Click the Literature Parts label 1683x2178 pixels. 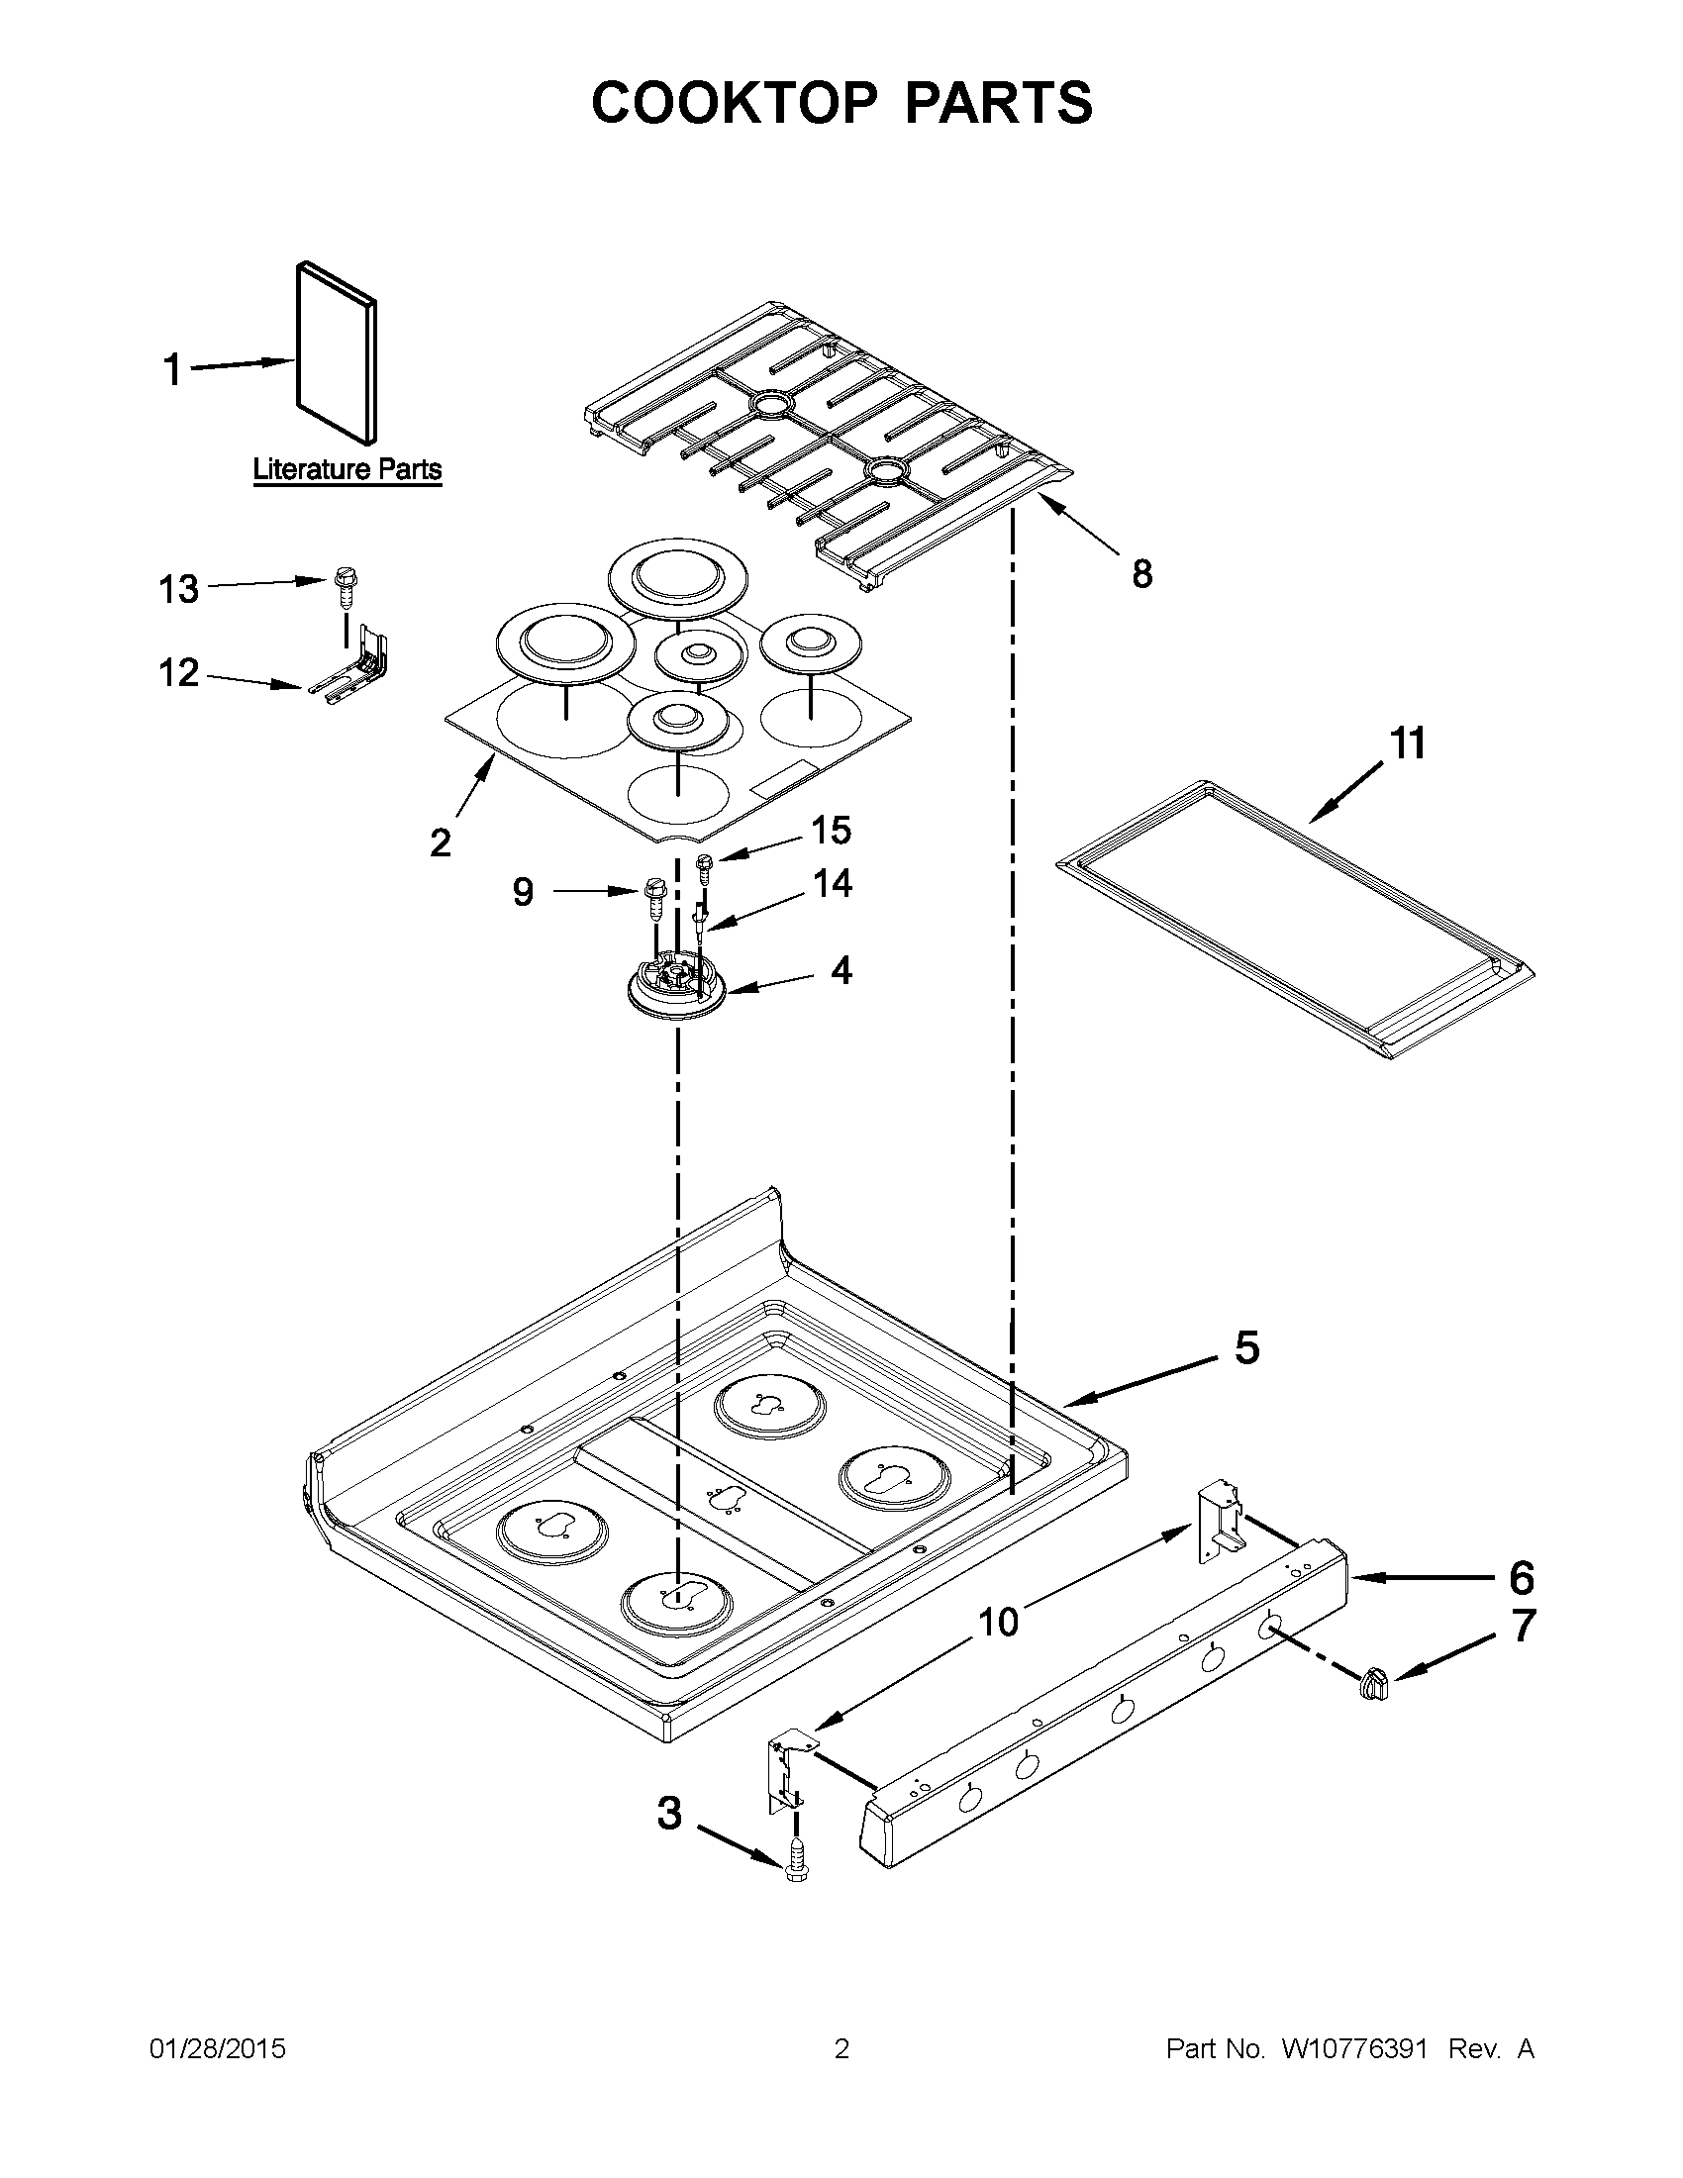[346, 468]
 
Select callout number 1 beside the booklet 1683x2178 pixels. [172, 370]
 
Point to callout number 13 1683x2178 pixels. [179, 589]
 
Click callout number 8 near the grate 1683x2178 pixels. [1142, 573]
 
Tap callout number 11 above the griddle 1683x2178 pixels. [1408, 742]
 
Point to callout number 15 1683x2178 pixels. [832, 830]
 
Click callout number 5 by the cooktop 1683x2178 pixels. [1247, 1347]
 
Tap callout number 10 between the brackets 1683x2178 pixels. [998, 1623]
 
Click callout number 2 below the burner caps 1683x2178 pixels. [441, 842]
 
